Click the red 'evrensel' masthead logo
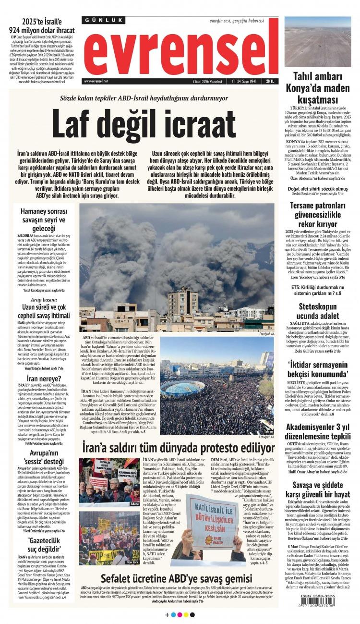point(180,51)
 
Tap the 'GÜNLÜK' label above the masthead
point(104,21)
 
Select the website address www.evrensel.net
point(96,81)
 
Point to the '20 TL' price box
point(270,81)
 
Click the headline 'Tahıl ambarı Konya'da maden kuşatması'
point(318,87)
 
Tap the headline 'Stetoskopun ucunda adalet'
point(318,311)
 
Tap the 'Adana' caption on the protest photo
point(134,504)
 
